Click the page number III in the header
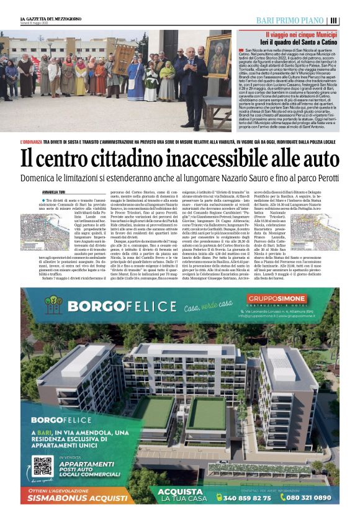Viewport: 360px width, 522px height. coord(334,20)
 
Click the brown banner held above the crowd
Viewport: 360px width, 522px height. coord(122,61)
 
